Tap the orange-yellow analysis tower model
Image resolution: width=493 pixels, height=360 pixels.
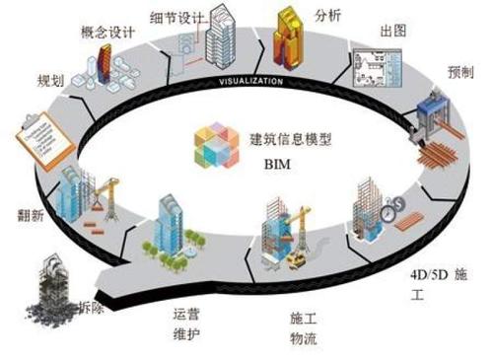pyautogui.click(x=286, y=36)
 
